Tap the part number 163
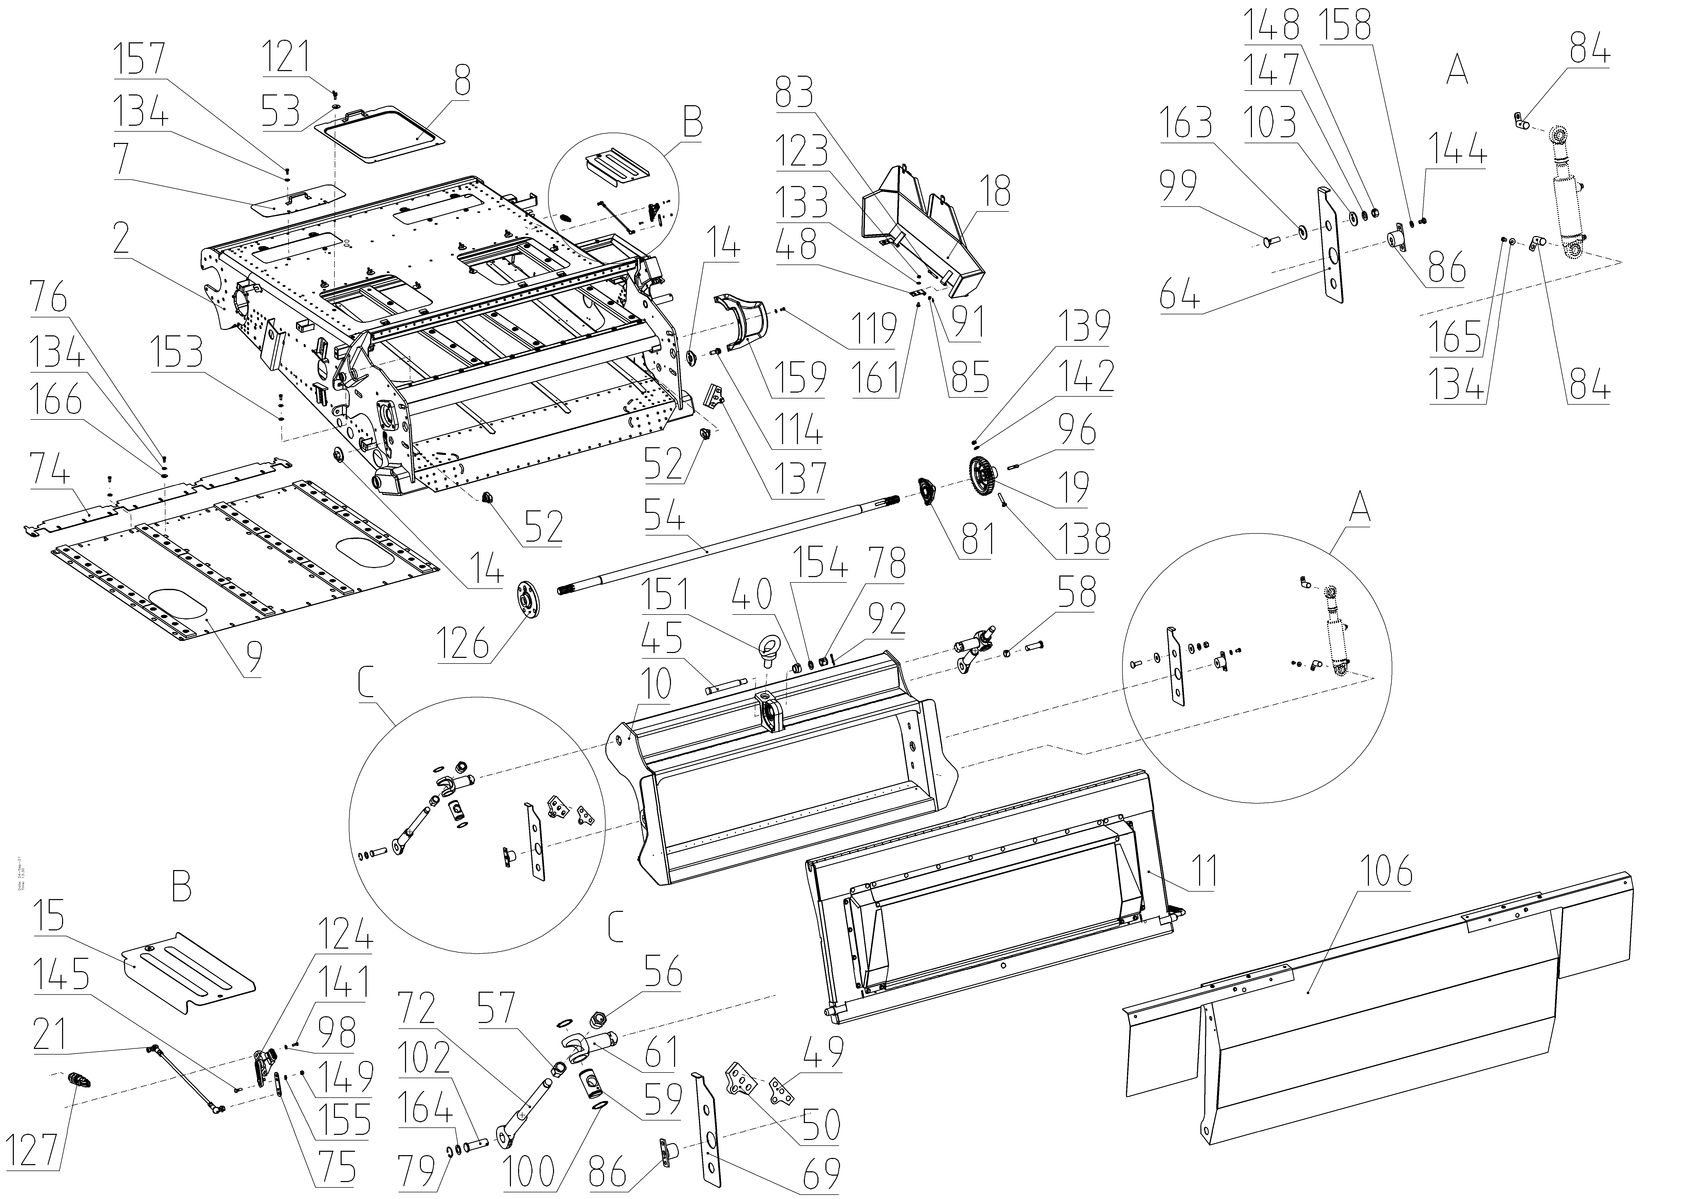pyautogui.click(x=1187, y=123)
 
